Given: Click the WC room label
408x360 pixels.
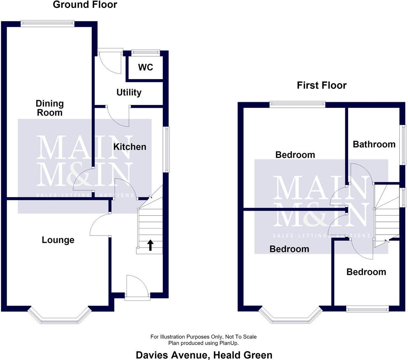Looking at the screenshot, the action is click(x=145, y=67).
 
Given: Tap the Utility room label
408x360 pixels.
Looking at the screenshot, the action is click(x=129, y=92).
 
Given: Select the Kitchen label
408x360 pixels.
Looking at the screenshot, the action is click(x=130, y=147).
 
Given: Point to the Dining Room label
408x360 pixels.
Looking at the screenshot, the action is click(x=50, y=108).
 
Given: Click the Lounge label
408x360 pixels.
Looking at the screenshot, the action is click(x=58, y=240).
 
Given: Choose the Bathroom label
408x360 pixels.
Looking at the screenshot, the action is click(x=374, y=144).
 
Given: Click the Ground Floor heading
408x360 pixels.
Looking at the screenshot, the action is click(x=85, y=5).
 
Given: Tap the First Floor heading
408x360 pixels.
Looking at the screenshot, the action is click(x=322, y=85).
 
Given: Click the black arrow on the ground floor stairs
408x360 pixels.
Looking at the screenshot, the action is click(x=150, y=245).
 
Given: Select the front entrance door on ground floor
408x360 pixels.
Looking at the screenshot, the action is click(x=137, y=286).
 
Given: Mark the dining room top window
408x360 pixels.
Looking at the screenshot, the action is click(x=47, y=24).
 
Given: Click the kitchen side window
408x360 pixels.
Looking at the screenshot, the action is click(x=166, y=149).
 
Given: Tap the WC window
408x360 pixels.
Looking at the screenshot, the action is click(x=145, y=53).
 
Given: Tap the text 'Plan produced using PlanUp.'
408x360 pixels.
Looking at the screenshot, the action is click(x=204, y=343).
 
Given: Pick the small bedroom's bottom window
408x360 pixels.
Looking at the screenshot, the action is click(x=368, y=309).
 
